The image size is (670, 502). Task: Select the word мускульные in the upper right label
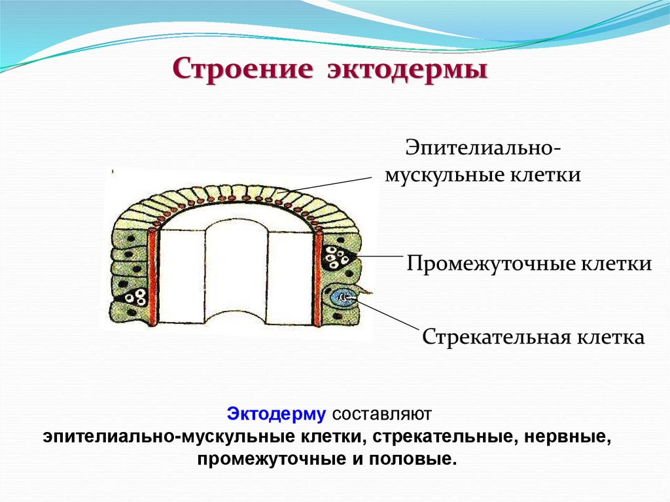440,175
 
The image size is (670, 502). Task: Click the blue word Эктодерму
276,414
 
